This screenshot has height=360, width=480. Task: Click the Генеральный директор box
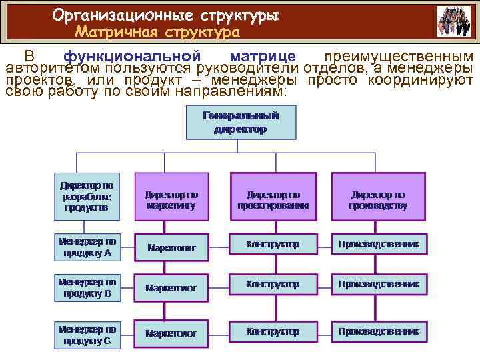tap(240, 123)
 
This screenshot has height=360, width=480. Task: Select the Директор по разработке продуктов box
tap(87, 197)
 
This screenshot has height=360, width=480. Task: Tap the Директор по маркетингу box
tap(171, 197)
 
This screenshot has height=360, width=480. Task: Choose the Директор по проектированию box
tap(273, 197)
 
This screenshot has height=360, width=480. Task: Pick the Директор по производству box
tap(378, 197)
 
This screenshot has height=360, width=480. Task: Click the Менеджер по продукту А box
tap(87, 247)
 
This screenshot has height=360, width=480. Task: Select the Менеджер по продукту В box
tap(87, 287)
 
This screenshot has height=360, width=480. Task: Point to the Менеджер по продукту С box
tap(87, 335)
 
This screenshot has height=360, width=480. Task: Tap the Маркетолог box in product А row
tap(171, 247)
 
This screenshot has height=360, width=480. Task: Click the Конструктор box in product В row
tap(273, 285)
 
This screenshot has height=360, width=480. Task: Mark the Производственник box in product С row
tap(378, 331)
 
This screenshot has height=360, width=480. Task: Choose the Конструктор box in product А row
tap(273, 245)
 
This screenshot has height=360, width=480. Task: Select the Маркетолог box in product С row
tap(171, 333)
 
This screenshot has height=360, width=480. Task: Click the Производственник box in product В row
tap(378, 285)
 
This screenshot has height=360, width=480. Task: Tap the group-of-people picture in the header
tap(453, 21)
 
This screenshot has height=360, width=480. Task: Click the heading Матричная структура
tap(157, 31)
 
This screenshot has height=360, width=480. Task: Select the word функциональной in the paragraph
tap(132, 57)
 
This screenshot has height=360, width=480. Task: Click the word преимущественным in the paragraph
tap(398, 57)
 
